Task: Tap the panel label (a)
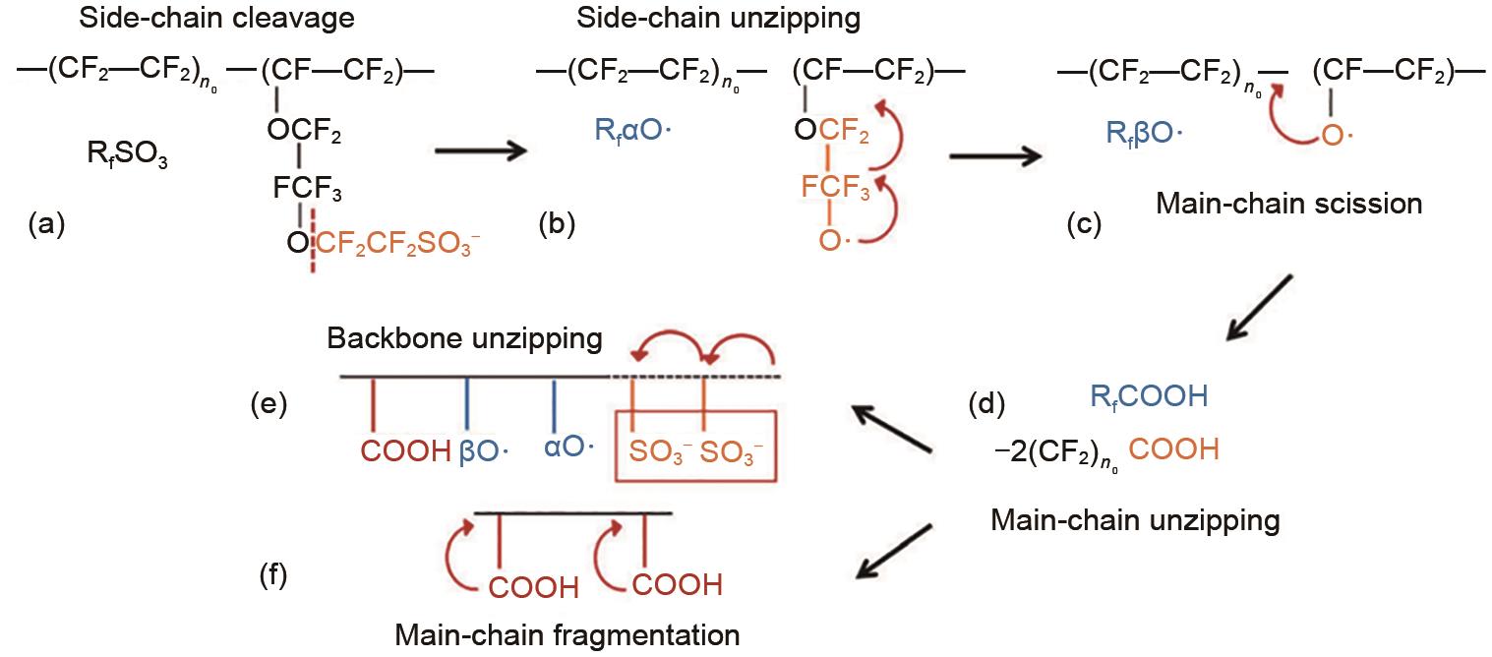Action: tap(47, 224)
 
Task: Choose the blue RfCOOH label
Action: tap(1149, 397)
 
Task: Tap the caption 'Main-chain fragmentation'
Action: tap(567, 634)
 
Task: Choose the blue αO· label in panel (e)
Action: tap(567, 448)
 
